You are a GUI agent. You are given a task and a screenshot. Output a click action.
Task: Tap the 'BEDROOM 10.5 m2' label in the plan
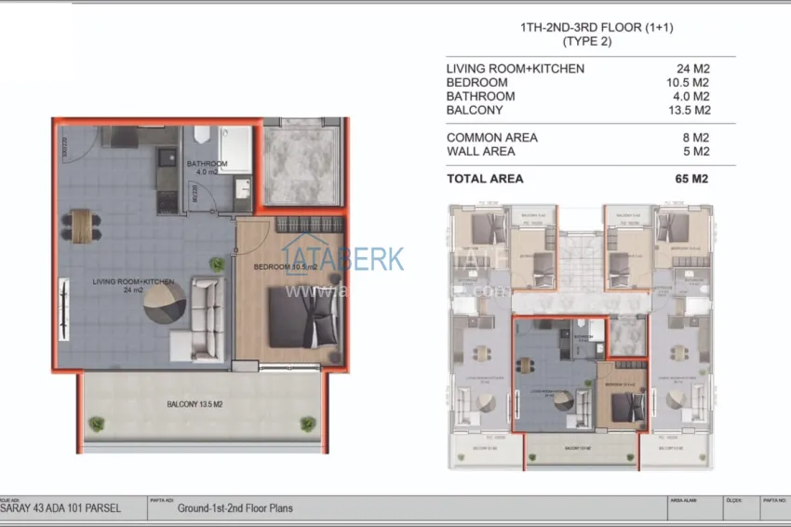coord(286,267)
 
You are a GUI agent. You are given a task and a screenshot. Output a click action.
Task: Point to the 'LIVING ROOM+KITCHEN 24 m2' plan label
coord(133,285)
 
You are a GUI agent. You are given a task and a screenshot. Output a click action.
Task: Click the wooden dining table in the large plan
coord(84,223)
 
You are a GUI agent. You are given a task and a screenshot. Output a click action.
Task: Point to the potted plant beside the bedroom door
coord(217,264)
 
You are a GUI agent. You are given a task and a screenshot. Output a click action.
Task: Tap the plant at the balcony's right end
coord(307,424)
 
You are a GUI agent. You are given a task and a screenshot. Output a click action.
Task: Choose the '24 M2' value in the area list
coord(693,68)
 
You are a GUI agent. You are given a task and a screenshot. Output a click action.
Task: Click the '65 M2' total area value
coord(692,179)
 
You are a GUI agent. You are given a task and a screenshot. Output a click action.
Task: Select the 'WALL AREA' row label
coord(479,151)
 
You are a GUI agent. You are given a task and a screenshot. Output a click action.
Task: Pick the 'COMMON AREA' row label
coord(491,138)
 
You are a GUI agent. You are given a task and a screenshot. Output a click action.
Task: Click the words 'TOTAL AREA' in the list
coord(485,179)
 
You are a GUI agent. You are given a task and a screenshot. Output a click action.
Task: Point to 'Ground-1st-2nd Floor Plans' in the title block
coord(235,508)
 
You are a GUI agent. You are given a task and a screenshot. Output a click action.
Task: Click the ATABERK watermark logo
coord(344,258)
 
